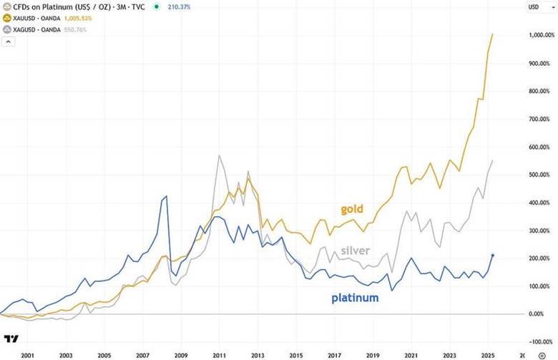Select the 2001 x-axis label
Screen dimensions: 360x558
tap(29, 354)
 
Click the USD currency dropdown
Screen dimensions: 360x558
tap(532, 7)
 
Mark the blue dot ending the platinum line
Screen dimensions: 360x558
tap(493, 255)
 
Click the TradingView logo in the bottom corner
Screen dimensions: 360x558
tap(11, 339)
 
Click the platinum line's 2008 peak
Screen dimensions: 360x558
tap(167, 195)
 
